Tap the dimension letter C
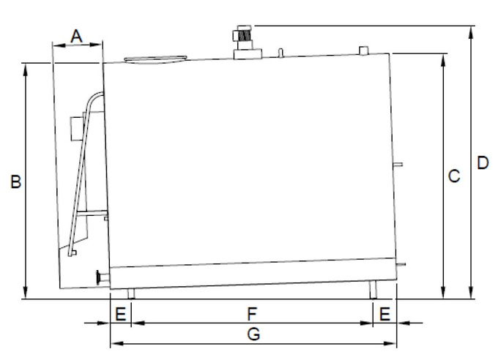[x=454, y=176]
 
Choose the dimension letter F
[x=251, y=314]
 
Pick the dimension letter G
[x=253, y=334]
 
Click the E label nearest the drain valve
[x=120, y=314]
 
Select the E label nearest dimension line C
[x=384, y=314]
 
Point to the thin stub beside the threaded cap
[x=280, y=51]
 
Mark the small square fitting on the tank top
[x=363, y=50]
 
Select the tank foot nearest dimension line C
[x=373, y=290]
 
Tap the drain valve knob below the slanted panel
[x=99, y=277]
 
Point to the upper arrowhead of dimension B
[x=26, y=68]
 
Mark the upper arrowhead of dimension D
[x=469, y=30]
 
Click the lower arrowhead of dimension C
[x=443, y=294]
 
